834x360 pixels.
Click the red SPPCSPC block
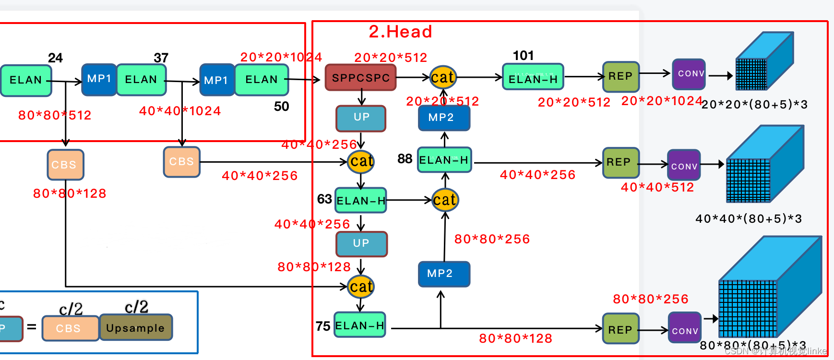(361, 78)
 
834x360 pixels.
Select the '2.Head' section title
(400, 32)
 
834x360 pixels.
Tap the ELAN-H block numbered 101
(533, 77)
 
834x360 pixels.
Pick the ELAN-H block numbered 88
(444, 160)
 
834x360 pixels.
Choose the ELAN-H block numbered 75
(360, 325)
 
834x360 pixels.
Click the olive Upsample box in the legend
(135, 328)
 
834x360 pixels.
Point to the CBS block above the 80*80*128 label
(65, 165)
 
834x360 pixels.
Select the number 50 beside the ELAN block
(282, 107)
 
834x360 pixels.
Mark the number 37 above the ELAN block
(161, 58)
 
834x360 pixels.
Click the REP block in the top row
(620, 76)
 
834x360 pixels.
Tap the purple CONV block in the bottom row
(685, 330)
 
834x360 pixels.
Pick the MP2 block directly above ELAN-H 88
(443, 118)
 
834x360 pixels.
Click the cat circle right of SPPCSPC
(442, 77)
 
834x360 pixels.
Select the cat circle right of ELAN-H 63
(445, 200)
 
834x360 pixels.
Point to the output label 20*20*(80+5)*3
(754, 105)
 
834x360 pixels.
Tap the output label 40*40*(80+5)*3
(749, 219)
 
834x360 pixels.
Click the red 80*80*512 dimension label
(55, 115)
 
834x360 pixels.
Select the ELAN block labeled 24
(26, 80)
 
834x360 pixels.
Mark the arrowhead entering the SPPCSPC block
(317, 80)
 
